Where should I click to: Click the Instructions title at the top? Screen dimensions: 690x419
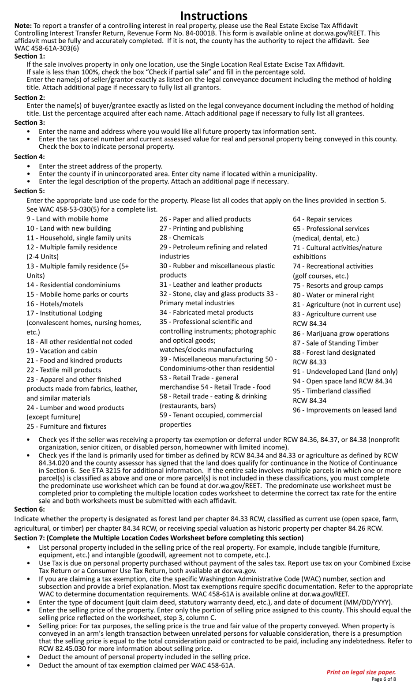pyautogui.click(x=213, y=16)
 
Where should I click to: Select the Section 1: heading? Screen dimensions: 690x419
pyautogui.click(x=30, y=56)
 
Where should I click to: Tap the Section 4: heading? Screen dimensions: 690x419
pyautogui.click(x=30, y=157)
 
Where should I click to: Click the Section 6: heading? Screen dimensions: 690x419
pyautogui.click(x=30, y=509)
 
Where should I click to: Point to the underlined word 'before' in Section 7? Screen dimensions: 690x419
pyautogui.click(x=217, y=538)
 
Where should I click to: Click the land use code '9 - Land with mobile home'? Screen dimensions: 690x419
pyautogui.click(x=67, y=219)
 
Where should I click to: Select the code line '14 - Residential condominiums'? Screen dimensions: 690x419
pyautogui.click(x=73, y=285)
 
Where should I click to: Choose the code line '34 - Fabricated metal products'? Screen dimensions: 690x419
pyautogui.click(x=206, y=312)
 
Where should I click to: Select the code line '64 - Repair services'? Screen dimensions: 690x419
pyautogui.click(x=322, y=219)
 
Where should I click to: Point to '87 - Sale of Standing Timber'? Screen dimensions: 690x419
pyautogui.click(x=336, y=343)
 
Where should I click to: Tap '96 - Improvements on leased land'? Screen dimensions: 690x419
pyautogui.click(x=344, y=410)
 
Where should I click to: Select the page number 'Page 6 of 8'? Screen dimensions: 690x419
pyautogui.click(x=383, y=679)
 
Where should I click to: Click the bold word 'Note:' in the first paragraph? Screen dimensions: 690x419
pyautogui.click(x=23, y=26)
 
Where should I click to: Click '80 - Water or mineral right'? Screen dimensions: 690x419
pyautogui.click(x=333, y=295)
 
